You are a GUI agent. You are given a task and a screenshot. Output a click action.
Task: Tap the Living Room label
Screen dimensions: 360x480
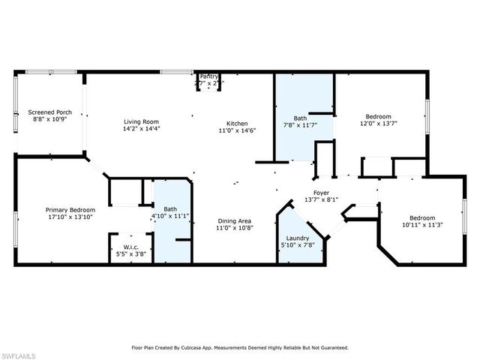point(141,121)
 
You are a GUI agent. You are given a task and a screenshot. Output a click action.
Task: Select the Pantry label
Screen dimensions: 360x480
point(208,76)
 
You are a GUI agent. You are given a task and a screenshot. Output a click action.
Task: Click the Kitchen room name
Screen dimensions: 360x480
point(238,124)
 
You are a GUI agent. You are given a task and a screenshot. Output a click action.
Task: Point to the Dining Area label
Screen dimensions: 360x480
point(234,220)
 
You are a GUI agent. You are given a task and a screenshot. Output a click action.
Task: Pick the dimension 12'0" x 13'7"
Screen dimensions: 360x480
point(378,124)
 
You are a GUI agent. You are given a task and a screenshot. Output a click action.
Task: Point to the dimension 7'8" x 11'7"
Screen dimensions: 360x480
point(300,125)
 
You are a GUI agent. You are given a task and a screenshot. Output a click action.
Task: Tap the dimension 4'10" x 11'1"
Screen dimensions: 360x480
point(170,217)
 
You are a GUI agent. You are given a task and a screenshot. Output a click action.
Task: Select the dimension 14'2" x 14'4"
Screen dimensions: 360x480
point(141,129)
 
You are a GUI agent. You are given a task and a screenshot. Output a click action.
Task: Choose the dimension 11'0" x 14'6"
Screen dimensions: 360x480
point(238,131)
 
